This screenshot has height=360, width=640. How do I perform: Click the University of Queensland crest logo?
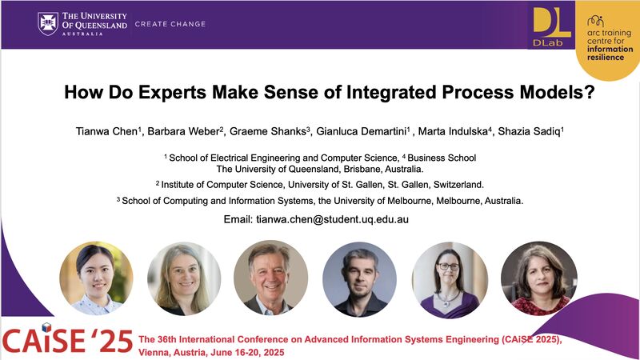[48, 24]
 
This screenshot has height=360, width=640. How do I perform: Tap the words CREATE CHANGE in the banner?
[170, 24]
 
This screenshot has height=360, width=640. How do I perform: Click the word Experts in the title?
[172, 92]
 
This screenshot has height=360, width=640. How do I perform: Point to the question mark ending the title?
[590, 92]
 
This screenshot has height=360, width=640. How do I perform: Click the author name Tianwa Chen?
[107, 131]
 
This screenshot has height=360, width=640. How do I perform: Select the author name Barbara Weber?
[184, 131]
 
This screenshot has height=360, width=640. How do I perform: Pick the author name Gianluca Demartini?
[362, 131]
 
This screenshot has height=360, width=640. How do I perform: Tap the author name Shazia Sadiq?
[529, 131]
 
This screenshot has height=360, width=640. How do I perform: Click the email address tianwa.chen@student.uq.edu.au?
[332, 219]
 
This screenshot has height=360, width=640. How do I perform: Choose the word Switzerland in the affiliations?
[458, 185]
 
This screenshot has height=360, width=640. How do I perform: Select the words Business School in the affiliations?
[442, 158]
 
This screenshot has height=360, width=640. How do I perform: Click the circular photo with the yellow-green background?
[96, 278]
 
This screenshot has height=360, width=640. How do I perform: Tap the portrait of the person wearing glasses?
[450, 279]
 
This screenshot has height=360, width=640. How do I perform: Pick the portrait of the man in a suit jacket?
[270, 278]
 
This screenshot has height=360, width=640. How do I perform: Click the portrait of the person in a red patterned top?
[538, 278]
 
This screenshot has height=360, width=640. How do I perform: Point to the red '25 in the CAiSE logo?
[111, 341]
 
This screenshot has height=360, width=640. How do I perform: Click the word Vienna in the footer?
[151, 352]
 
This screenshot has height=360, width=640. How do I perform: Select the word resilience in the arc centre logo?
[606, 58]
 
